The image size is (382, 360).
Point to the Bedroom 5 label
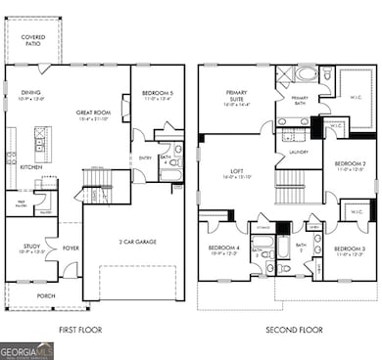(157, 95)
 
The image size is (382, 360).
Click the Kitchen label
(31, 167)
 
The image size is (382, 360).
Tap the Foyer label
(71, 248)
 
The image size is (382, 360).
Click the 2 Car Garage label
(139, 242)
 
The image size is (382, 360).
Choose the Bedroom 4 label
(223, 248)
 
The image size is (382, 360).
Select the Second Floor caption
(293, 331)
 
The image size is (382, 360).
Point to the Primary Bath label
(299, 99)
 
